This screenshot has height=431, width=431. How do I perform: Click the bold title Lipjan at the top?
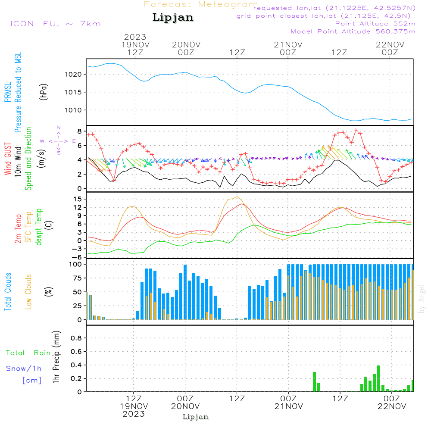point(173,17)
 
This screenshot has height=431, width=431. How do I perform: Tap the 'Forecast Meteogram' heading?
point(201,4)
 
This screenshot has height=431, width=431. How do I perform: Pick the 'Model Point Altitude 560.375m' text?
point(353,31)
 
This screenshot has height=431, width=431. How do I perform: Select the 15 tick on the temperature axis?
point(79,199)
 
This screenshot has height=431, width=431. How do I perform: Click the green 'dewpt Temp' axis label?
point(39,227)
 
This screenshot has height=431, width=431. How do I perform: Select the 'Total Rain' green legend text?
point(28,353)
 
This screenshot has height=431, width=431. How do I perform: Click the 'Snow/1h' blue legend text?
point(24,369)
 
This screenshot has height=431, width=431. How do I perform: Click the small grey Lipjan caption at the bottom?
point(196,417)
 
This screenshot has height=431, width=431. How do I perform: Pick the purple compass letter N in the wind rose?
point(58,128)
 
